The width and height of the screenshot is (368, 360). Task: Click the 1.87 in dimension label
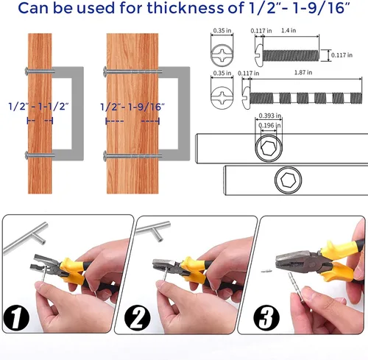303,72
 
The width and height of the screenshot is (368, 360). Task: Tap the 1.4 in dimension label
289,30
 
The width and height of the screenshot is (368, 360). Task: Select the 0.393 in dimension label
270,116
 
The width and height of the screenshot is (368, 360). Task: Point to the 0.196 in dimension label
269,125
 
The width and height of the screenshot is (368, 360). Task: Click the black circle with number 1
16,317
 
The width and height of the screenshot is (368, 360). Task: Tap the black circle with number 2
138,317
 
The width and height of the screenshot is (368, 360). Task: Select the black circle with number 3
266,317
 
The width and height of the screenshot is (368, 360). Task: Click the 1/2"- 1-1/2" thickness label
38,107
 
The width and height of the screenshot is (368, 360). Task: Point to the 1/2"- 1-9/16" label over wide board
132,107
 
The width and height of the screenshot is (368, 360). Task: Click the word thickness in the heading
185,8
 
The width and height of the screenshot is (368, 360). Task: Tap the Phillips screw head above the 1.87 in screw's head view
222,55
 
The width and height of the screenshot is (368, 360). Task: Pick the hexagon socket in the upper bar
269,149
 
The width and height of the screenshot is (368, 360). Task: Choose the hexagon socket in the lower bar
288,180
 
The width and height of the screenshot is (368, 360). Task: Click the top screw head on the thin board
26,71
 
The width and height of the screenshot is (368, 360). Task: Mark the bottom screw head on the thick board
105,155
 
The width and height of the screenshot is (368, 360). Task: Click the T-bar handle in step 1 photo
26,238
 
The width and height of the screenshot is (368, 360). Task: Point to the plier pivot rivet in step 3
312,265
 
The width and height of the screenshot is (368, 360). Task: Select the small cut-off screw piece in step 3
266,272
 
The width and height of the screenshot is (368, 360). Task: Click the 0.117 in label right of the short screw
342,55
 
